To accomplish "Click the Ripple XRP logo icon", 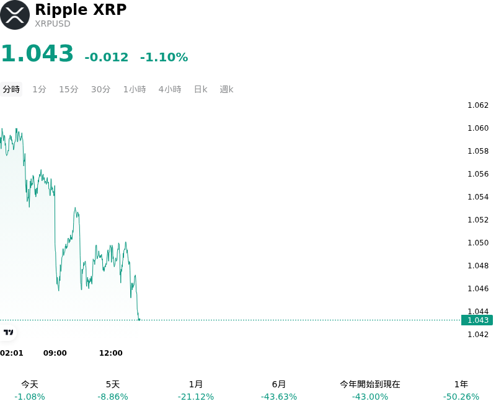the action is (15, 15).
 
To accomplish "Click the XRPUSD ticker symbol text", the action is (53, 24).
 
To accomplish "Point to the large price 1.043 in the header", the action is (37, 53).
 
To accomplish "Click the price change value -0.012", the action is (107, 57).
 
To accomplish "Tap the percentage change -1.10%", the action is (164, 57).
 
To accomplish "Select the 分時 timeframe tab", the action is (11, 89).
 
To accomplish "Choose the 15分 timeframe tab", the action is (69, 89).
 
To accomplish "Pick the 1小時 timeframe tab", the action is (135, 89).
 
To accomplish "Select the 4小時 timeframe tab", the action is (170, 89).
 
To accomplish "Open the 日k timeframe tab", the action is (200, 89).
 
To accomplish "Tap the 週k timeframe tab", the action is (226, 89).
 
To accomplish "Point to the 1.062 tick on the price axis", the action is (478, 105).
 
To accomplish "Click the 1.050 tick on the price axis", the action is (478, 243).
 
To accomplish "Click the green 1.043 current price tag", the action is (477, 320).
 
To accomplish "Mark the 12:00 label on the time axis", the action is (111, 353).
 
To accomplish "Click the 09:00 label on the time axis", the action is (55, 353).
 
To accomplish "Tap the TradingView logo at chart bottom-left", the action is (8, 332).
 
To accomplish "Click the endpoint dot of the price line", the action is (139, 320).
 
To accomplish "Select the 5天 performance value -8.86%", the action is (113, 397).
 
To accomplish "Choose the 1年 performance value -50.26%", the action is (461, 397).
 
